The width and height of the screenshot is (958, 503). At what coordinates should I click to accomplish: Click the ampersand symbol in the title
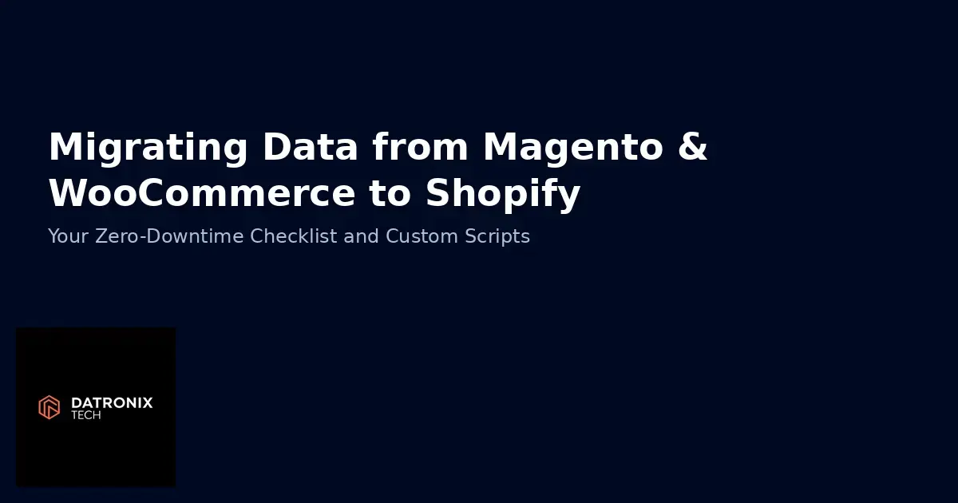[x=691, y=147]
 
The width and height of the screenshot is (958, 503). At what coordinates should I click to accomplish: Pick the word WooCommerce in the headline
[x=202, y=193]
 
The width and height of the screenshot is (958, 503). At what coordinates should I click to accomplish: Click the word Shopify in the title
[x=503, y=195]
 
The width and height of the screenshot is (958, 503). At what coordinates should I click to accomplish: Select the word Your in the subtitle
[x=66, y=236]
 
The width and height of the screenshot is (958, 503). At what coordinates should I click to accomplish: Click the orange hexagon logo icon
[x=49, y=407]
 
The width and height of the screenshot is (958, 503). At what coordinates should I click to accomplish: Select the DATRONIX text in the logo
[x=112, y=403]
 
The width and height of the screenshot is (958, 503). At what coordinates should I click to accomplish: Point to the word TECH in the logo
[x=86, y=415]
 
